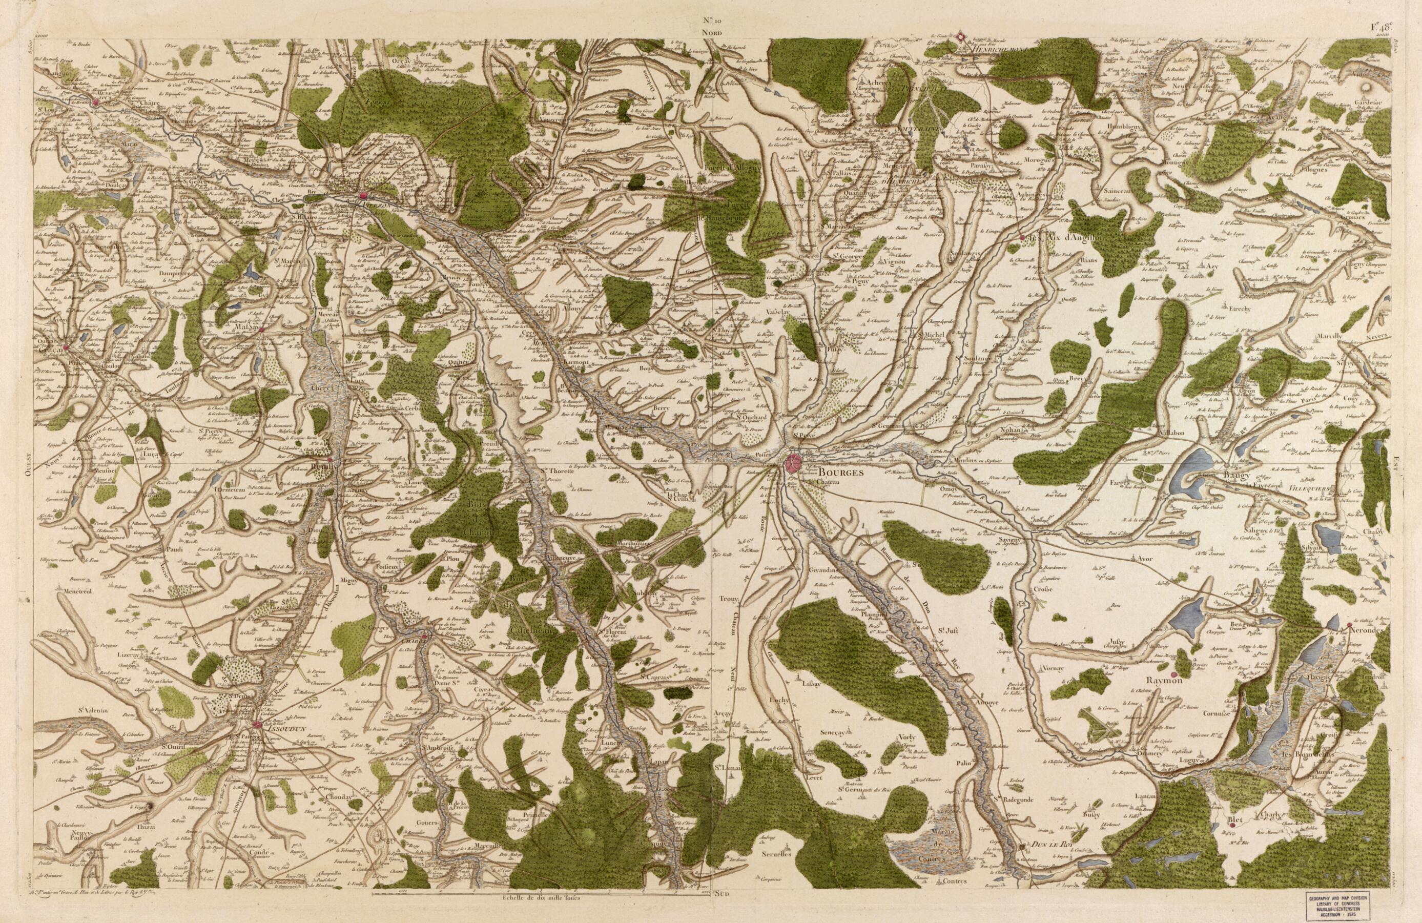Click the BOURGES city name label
(x=827, y=472)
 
